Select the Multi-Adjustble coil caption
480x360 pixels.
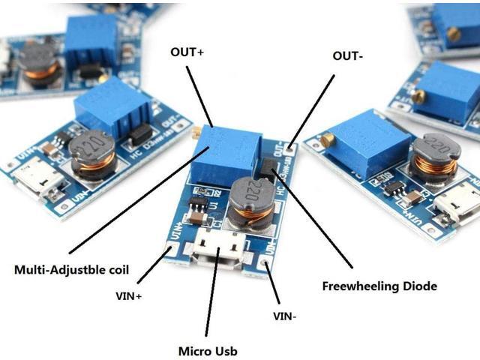71,269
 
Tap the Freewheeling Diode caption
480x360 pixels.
379,286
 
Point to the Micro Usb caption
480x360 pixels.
209,350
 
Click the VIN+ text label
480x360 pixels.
129,296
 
